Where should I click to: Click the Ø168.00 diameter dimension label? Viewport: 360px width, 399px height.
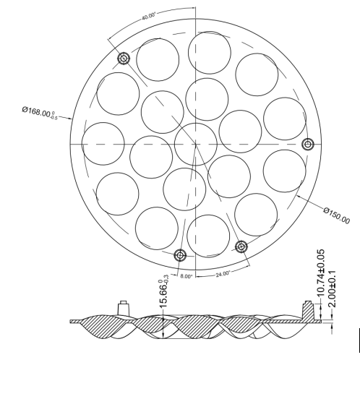pos(40,113)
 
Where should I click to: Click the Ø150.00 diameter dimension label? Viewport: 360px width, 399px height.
pos(337,215)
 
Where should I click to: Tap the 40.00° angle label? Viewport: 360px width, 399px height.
pos(149,16)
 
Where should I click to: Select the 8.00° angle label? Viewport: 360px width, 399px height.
pos(187,276)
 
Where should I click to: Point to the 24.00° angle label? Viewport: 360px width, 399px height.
pos(223,274)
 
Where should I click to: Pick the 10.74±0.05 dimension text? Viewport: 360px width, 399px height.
pos(321,273)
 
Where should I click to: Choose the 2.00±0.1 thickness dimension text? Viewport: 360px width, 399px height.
pos(332,289)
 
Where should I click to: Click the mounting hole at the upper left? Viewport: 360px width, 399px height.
pos(124,59)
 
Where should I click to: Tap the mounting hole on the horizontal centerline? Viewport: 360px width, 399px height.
pos(308,145)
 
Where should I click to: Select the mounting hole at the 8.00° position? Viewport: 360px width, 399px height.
pos(180,255)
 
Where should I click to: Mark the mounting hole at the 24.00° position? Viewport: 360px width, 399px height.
pos(241,246)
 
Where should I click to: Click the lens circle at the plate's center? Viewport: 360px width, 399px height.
pos(196,145)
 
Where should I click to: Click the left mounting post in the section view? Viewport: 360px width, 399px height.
pos(124,309)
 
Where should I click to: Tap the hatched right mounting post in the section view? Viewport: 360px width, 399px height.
pos(309,310)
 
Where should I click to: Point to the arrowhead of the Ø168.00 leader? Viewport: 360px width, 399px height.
pos(72,119)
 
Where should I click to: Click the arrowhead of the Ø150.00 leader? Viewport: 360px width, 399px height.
pos(298,196)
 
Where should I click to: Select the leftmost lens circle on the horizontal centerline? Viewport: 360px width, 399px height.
pos(103,144)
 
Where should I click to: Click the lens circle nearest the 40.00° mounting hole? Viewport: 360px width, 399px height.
pos(158,60)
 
